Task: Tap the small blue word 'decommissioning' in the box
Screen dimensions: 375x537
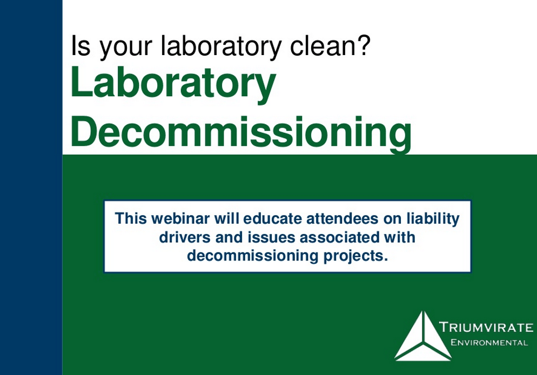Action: [246, 255]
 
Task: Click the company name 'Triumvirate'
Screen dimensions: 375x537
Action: [486, 327]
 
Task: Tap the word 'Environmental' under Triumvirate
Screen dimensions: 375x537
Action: [489, 343]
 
